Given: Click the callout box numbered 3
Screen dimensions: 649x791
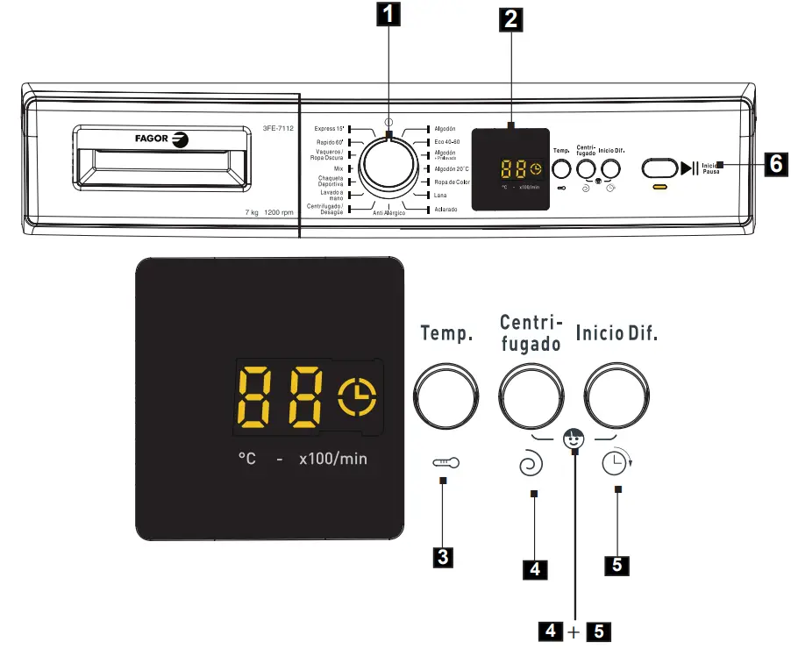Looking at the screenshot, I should pos(445,555).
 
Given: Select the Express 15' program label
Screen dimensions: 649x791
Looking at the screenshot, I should pos(329,129).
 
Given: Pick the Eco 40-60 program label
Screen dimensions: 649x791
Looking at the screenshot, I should pos(447,141).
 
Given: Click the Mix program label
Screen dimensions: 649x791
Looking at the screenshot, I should pos(338,168).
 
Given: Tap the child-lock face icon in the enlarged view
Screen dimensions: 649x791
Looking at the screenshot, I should pos(574,438).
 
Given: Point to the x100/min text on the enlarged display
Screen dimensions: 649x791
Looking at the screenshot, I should pos(332,459).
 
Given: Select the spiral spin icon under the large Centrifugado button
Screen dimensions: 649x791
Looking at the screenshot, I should pos(531,466).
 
